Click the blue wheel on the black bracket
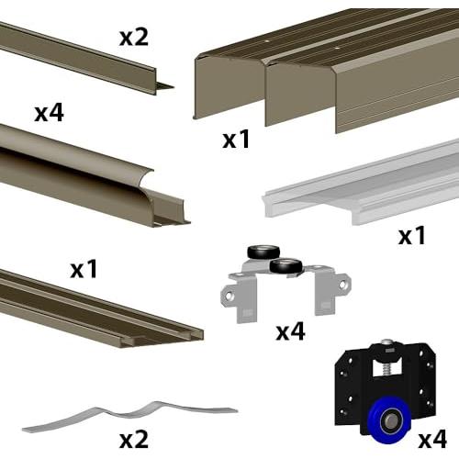tap(389, 421)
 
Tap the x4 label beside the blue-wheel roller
tap(432, 439)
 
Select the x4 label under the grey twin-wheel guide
tap(290, 331)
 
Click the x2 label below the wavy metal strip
tap(134, 439)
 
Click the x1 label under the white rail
tap(412, 235)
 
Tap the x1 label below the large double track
tap(236, 140)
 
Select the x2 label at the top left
tap(134, 37)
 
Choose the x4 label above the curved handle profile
tap(50, 112)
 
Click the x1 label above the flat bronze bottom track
tap(84, 269)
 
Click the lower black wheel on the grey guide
tap(286, 266)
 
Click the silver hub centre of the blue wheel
tap(390, 421)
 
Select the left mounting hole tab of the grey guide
tap(229, 296)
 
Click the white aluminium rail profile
tap(361, 184)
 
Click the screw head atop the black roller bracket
tap(386, 341)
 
